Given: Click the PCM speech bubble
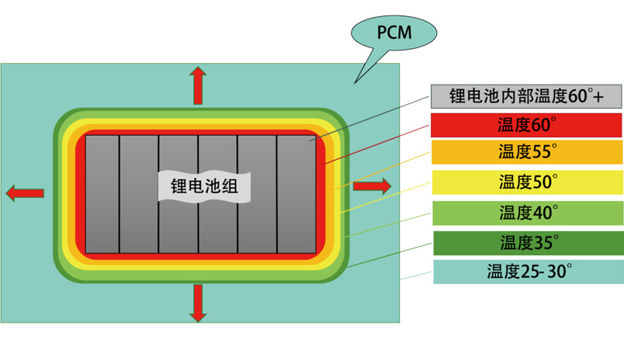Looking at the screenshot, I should [x=393, y=33].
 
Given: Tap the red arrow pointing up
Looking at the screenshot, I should [x=199, y=85].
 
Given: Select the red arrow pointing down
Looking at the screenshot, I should [x=199, y=303].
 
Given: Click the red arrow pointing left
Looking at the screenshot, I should [x=25, y=193].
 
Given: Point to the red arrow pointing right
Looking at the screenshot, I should [x=372, y=185].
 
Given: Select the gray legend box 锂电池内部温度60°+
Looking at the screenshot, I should [x=526, y=96].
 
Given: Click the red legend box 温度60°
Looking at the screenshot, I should [x=526, y=125].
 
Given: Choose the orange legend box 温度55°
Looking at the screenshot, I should [x=526, y=153].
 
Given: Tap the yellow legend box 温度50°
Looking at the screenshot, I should [x=526, y=182].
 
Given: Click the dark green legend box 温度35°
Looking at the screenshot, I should [x=526, y=243].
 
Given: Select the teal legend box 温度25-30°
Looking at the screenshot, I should [x=526, y=272].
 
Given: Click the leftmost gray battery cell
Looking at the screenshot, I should [x=102, y=225].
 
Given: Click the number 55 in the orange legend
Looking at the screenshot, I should [x=542, y=153].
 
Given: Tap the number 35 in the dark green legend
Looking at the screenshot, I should [x=542, y=243].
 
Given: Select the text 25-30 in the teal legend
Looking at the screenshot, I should [x=543, y=272].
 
